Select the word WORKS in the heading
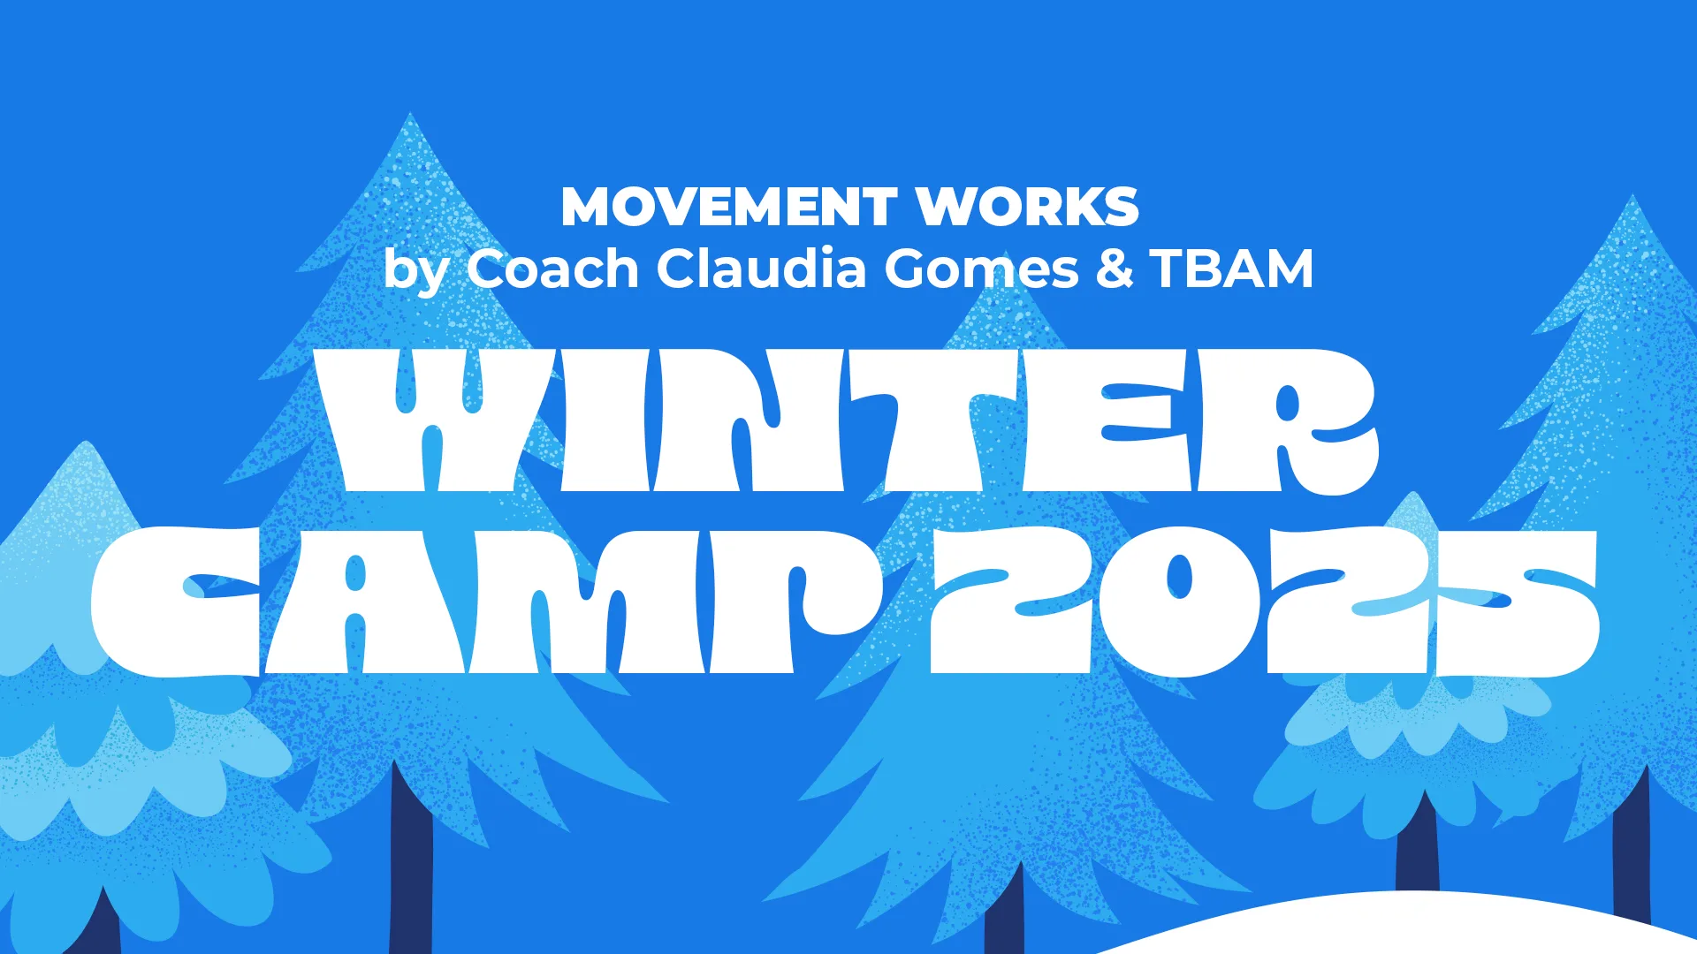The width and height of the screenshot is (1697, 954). pos(1027,207)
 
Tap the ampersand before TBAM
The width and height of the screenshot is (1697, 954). pos(1115,269)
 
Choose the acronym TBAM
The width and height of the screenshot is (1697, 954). pos(1232,269)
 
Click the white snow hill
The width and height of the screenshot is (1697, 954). pos(1414,927)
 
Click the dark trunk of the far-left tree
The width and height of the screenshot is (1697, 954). pos(103,927)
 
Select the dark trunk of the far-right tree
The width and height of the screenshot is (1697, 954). pos(1631,848)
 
